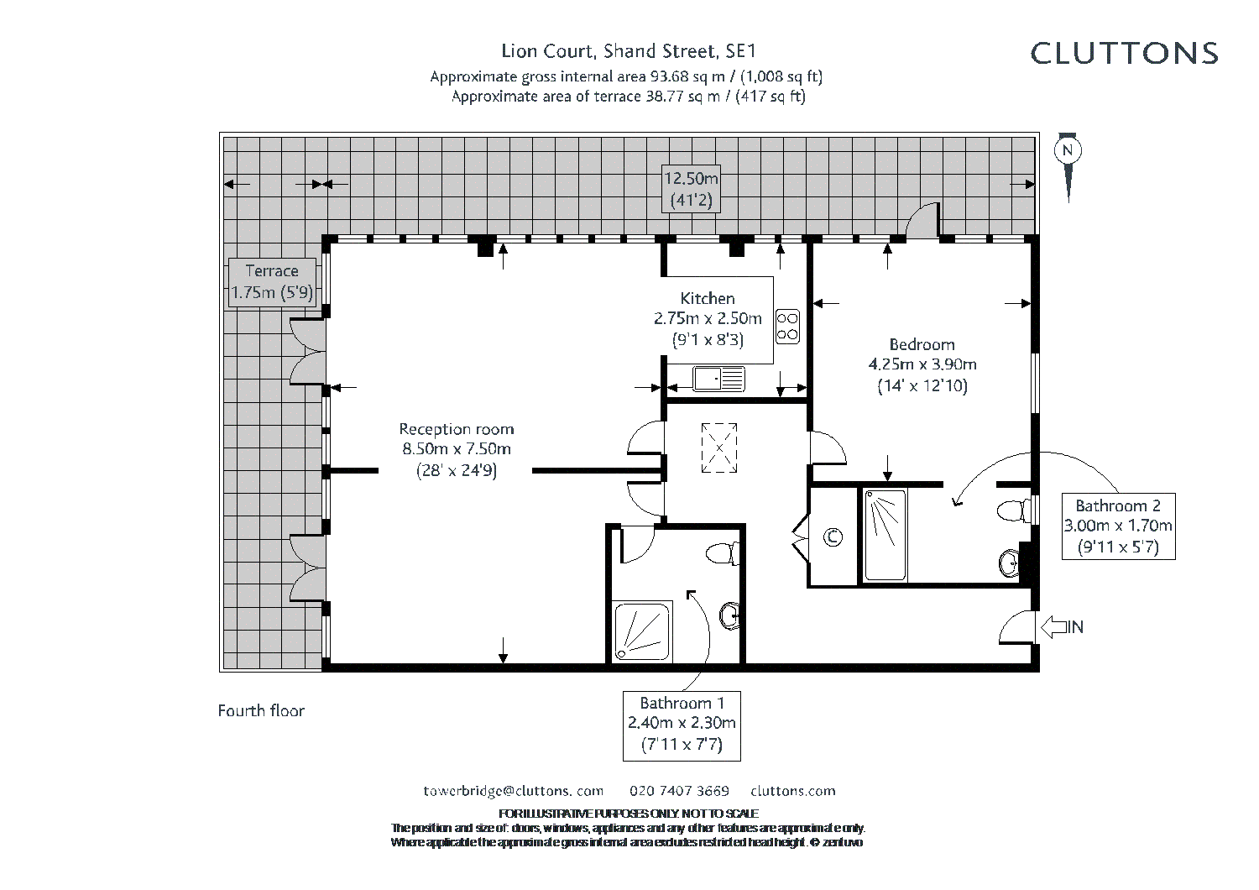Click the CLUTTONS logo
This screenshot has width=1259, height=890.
pos(1124,54)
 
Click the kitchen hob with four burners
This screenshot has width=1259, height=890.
pos(787,327)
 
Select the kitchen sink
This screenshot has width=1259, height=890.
pos(718,379)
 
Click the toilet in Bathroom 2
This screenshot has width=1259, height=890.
pos(1016,510)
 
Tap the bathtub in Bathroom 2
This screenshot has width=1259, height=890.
pos(885,535)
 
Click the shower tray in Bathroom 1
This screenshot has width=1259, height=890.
pos(642,631)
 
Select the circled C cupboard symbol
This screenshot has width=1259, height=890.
pos(833,537)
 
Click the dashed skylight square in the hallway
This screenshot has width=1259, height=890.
pos(719,448)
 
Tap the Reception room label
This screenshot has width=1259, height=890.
pos(457,429)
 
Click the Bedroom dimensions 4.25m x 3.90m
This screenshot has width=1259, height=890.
pos(922,364)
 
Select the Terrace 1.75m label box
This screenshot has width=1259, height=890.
pos(272,283)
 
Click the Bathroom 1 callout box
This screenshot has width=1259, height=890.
pos(682,725)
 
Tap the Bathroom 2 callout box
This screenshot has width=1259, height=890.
pos(1119,526)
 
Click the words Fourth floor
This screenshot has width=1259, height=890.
pos(261,710)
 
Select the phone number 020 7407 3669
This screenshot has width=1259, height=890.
pos(679,791)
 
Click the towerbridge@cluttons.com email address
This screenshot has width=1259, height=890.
pos(513,791)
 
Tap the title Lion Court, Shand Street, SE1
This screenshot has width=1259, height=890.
pos(629,51)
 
